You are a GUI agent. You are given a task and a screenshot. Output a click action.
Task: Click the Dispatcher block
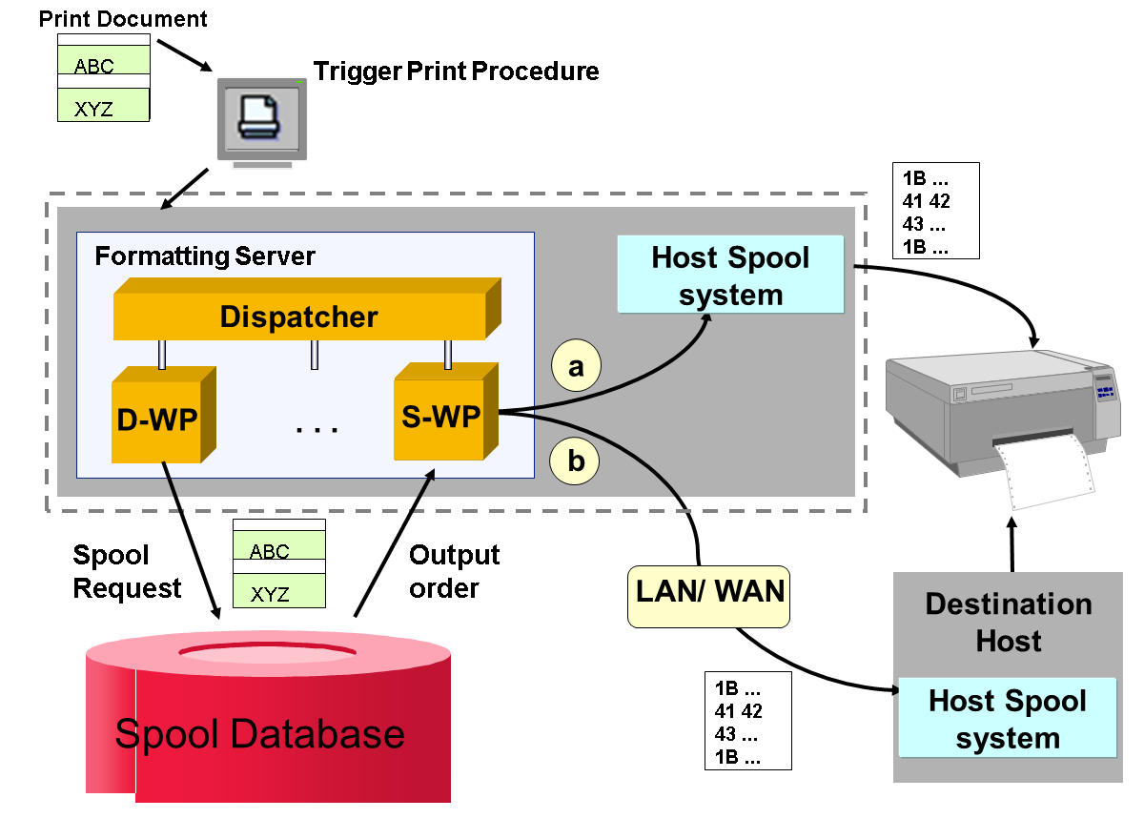pos(299,317)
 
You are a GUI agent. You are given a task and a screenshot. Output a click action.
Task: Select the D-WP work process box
pos(156,419)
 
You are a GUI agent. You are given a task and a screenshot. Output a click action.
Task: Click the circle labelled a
pos(576,366)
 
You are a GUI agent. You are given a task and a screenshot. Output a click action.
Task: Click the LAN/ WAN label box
pos(709,592)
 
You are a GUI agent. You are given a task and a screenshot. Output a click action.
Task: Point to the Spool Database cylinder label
pos(259,734)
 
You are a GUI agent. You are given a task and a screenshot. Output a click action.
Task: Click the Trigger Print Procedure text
pos(456,71)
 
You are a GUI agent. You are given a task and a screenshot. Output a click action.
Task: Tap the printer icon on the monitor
pos(259,116)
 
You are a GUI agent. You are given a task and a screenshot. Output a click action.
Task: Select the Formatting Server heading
pos(204,256)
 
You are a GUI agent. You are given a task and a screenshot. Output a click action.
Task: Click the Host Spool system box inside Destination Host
pos(1007,719)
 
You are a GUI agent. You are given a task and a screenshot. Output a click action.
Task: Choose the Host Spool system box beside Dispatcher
pos(730,275)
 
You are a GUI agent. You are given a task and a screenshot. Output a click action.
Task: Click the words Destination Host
pos(1008,622)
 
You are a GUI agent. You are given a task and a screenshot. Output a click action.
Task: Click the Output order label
pos(454,572)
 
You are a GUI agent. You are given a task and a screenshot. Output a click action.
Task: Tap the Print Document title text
pos(122,18)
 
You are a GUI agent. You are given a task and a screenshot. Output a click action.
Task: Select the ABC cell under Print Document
pos(104,65)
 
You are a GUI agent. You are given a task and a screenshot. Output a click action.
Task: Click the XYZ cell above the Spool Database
pos(279,593)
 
